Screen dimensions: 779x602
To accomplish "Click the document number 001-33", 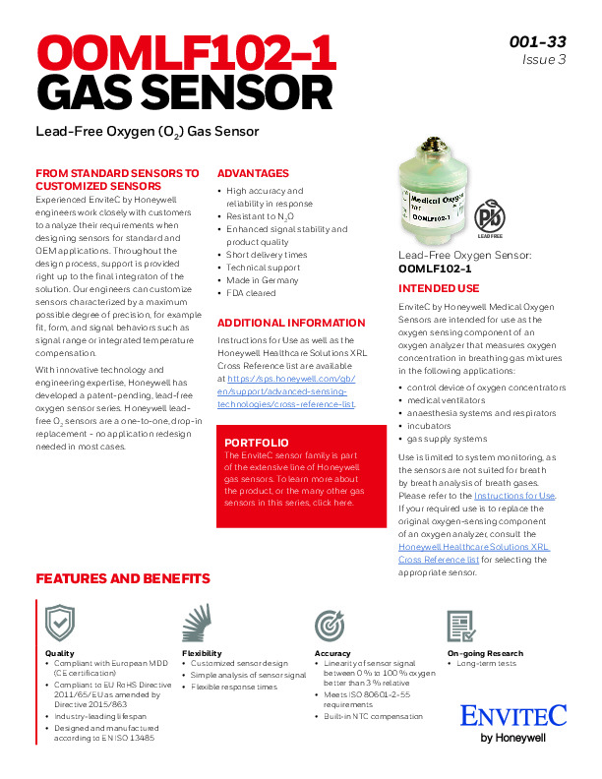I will (x=537, y=41).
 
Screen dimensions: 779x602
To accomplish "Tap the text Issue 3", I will (x=545, y=60).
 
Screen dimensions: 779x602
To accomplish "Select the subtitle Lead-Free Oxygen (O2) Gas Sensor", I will (x=147, y=131).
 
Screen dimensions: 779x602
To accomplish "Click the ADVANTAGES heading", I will (x=253, y=173).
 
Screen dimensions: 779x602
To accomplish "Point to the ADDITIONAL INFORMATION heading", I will (x=284, y=323).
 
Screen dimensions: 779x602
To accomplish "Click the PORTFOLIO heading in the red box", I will (x=257, y=443).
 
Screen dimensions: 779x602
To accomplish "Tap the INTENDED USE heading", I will (x=438, y=289).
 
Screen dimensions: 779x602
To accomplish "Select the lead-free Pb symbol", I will (x=489, y=218).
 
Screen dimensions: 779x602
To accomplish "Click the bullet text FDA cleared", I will (x=252, y=293).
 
